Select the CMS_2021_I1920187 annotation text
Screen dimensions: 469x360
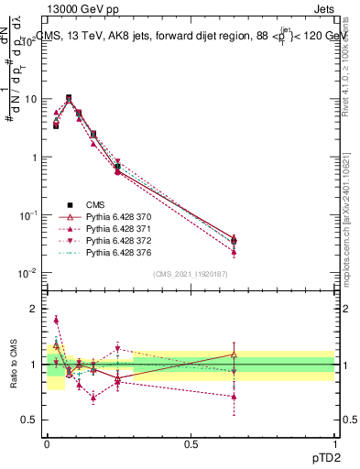[191, 274]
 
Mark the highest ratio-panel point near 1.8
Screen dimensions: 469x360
[56, 320]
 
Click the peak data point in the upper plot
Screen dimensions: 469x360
[69, 97]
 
